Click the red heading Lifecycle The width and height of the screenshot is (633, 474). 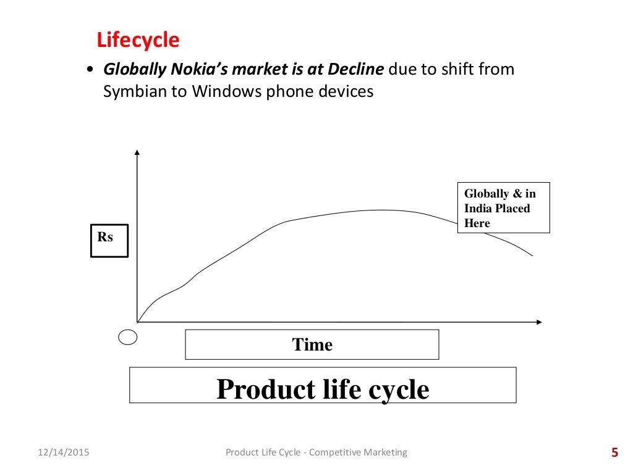(x=138, y=41)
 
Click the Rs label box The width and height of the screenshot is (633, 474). (x=109, y=240)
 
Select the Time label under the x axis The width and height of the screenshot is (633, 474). (x=312, y=344)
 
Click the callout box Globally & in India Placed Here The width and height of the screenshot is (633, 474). (x=503, y=208)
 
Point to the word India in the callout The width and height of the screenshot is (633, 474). (x=479, y=209)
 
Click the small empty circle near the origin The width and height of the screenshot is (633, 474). (x=127, y=337)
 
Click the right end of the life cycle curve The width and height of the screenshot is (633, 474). (x=532, y=255)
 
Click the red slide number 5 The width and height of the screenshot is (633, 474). (x=614, y=453)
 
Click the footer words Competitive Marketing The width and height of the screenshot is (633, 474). (x=358, y=452)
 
